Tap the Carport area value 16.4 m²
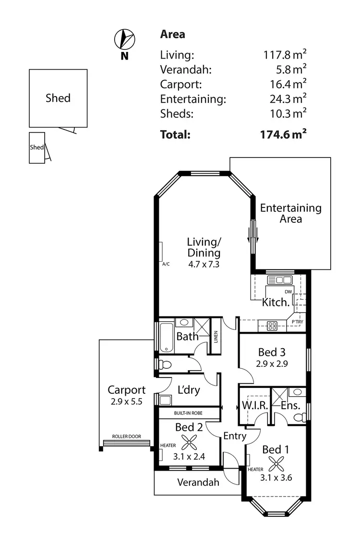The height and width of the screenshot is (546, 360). click(x=288, y=85)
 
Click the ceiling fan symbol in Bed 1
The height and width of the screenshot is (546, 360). click(x=276, y=464)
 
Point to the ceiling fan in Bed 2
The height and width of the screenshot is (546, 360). click(x=188, y=441)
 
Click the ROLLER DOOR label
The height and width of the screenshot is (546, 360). click(x=126, y=437)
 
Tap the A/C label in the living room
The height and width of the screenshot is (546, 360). click(x=166, y=264)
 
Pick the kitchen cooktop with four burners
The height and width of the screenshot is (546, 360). click(x=272, y=326)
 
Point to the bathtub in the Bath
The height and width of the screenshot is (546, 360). click(x=166, y=337)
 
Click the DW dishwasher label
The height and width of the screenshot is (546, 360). click(x=288, y=291)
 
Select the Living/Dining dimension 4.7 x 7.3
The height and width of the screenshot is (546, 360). click(x=204, y=264)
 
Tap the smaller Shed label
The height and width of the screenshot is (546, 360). click(x=37, y=147)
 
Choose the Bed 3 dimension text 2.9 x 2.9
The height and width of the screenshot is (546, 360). click(x=272, y=364)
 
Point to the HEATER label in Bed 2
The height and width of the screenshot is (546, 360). click(x=168, y=445)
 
